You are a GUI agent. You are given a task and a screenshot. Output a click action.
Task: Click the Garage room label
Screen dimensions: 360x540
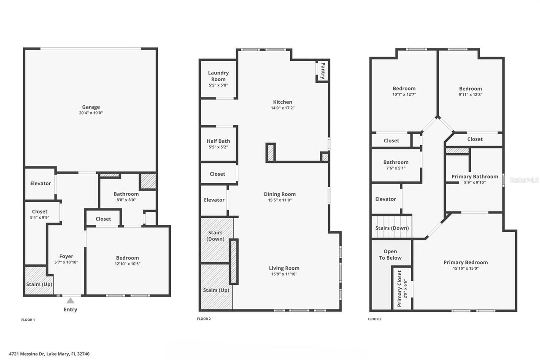pos(91,107)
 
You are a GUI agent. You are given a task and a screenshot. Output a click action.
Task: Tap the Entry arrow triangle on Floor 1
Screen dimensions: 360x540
pos(70,301)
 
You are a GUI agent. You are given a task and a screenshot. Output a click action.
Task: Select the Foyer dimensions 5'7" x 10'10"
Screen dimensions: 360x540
pos(66,262)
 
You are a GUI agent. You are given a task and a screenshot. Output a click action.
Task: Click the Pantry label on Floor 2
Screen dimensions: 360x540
pos(323,71)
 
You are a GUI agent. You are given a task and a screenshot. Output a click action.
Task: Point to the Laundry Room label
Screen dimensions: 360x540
pos(218,76)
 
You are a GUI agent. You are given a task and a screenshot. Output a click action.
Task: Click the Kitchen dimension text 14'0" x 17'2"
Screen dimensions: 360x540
pos(282,108)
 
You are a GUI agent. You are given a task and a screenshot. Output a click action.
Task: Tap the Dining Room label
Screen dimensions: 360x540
pos(280,194)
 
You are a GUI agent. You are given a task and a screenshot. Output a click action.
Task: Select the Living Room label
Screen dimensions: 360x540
pos(284,268)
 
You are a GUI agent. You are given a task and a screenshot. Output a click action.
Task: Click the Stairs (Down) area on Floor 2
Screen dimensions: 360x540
pos(215,236)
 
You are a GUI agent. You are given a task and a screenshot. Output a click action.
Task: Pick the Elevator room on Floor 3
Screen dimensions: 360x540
pos(385,199)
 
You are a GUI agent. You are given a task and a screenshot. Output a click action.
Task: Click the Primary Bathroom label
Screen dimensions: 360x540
pos(475,176)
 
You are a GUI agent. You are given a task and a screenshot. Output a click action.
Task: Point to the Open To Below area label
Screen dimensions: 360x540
pos(390,254)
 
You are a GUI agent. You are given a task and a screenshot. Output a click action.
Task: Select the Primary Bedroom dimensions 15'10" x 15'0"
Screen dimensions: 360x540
pos(465,268)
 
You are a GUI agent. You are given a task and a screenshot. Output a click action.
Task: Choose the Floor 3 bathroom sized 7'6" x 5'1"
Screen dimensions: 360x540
pos(395,165)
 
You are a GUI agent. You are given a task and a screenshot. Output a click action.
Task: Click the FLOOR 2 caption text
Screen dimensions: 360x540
pos(204,319)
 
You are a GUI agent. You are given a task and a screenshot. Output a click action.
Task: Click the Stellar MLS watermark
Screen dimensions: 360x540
pos(524,180)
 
